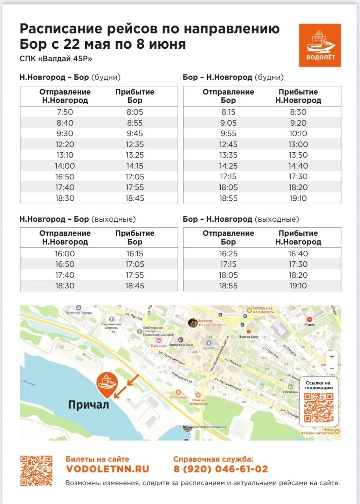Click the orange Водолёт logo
(x=320, y=45)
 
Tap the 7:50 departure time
(x=65, y=112)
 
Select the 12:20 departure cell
(x=65, y=144)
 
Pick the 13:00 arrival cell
(x=298, y=144)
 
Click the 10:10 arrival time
(x=298, y=133)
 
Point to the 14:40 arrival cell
(x=298, y=166)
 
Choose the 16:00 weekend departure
(x=65, y=253)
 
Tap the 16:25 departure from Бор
(x=228, y=253)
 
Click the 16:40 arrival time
(x=298, y=253)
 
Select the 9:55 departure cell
(x=228, y=133)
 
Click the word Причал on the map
(x=89, y=405)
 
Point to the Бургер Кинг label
(x=249, y=336)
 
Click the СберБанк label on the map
(x=291, y=392)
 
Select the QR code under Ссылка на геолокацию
(x=319, y=408)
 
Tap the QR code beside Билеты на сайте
(x=36, y=471)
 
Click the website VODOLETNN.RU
(x=107, y=469)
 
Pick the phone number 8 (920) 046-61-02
(x=221, y=469)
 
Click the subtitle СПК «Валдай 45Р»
(x=56, y=59)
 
